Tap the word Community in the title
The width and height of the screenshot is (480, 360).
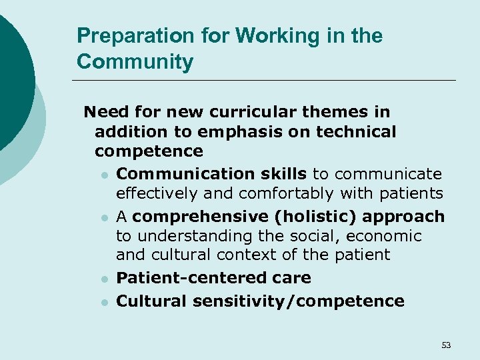coord(135,62)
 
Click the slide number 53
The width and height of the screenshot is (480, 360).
coord(446,345)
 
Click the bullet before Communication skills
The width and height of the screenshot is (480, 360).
coord(105,175)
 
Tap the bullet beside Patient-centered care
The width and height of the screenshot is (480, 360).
coord(105,279)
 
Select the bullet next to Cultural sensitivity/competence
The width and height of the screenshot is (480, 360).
coord(105,302)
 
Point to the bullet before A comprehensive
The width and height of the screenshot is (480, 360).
coord(105,217)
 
